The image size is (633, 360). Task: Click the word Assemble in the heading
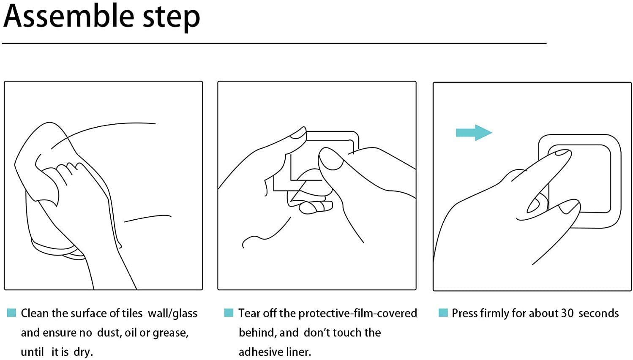click(69, 16)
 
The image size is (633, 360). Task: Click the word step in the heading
click(172, 19)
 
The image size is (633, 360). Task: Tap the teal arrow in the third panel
click(474, 133)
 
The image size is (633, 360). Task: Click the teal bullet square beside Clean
click(11, 313)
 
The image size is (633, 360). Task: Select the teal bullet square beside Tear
click(229, 313)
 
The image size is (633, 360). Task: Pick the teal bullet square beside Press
click(443, 313)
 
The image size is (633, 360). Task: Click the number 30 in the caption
click(567, 314)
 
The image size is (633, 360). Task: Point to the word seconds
click(598, 314)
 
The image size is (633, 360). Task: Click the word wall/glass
click(173, 314)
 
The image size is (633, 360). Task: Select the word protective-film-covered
click(357, 314)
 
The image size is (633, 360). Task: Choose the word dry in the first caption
click(83, 352)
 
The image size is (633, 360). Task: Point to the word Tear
click(249, 314)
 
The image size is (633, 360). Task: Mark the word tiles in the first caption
click(132, 314)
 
